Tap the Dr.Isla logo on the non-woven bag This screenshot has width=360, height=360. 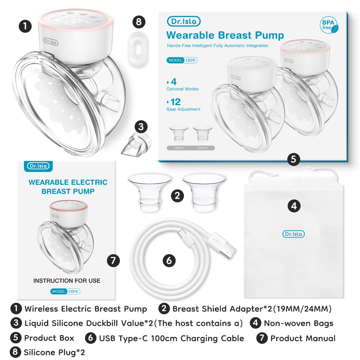pyautogui.click(x=293, y=234)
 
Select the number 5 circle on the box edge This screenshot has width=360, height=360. pyautogui.click(x=294, y=159)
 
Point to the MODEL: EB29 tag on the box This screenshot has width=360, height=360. pyautogui.click(x=182, y=60)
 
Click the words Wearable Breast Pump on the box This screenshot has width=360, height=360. pyautogui.click(x=225, y=35)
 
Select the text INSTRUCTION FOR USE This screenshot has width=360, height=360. pyautogui.click(x=67, y=280)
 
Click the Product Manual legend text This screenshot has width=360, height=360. pyautogui.click(x=303, y=338)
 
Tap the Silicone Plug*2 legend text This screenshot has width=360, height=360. pyautogui.click(x=54, y=352)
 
